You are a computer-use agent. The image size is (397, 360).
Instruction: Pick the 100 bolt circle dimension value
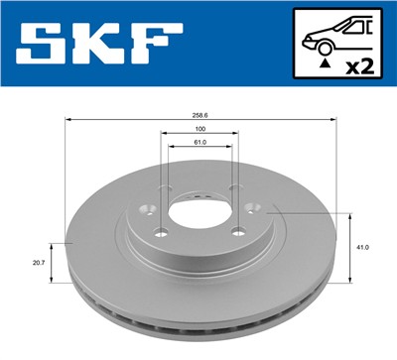click(x=199, y=129)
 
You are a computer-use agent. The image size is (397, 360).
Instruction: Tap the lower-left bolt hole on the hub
click(x=159, y=233)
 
